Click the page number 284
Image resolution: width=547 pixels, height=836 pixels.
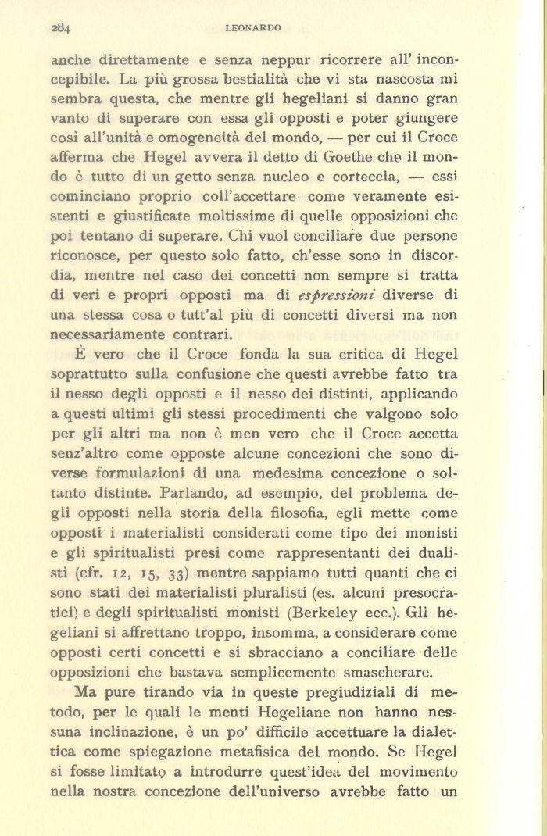60,27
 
